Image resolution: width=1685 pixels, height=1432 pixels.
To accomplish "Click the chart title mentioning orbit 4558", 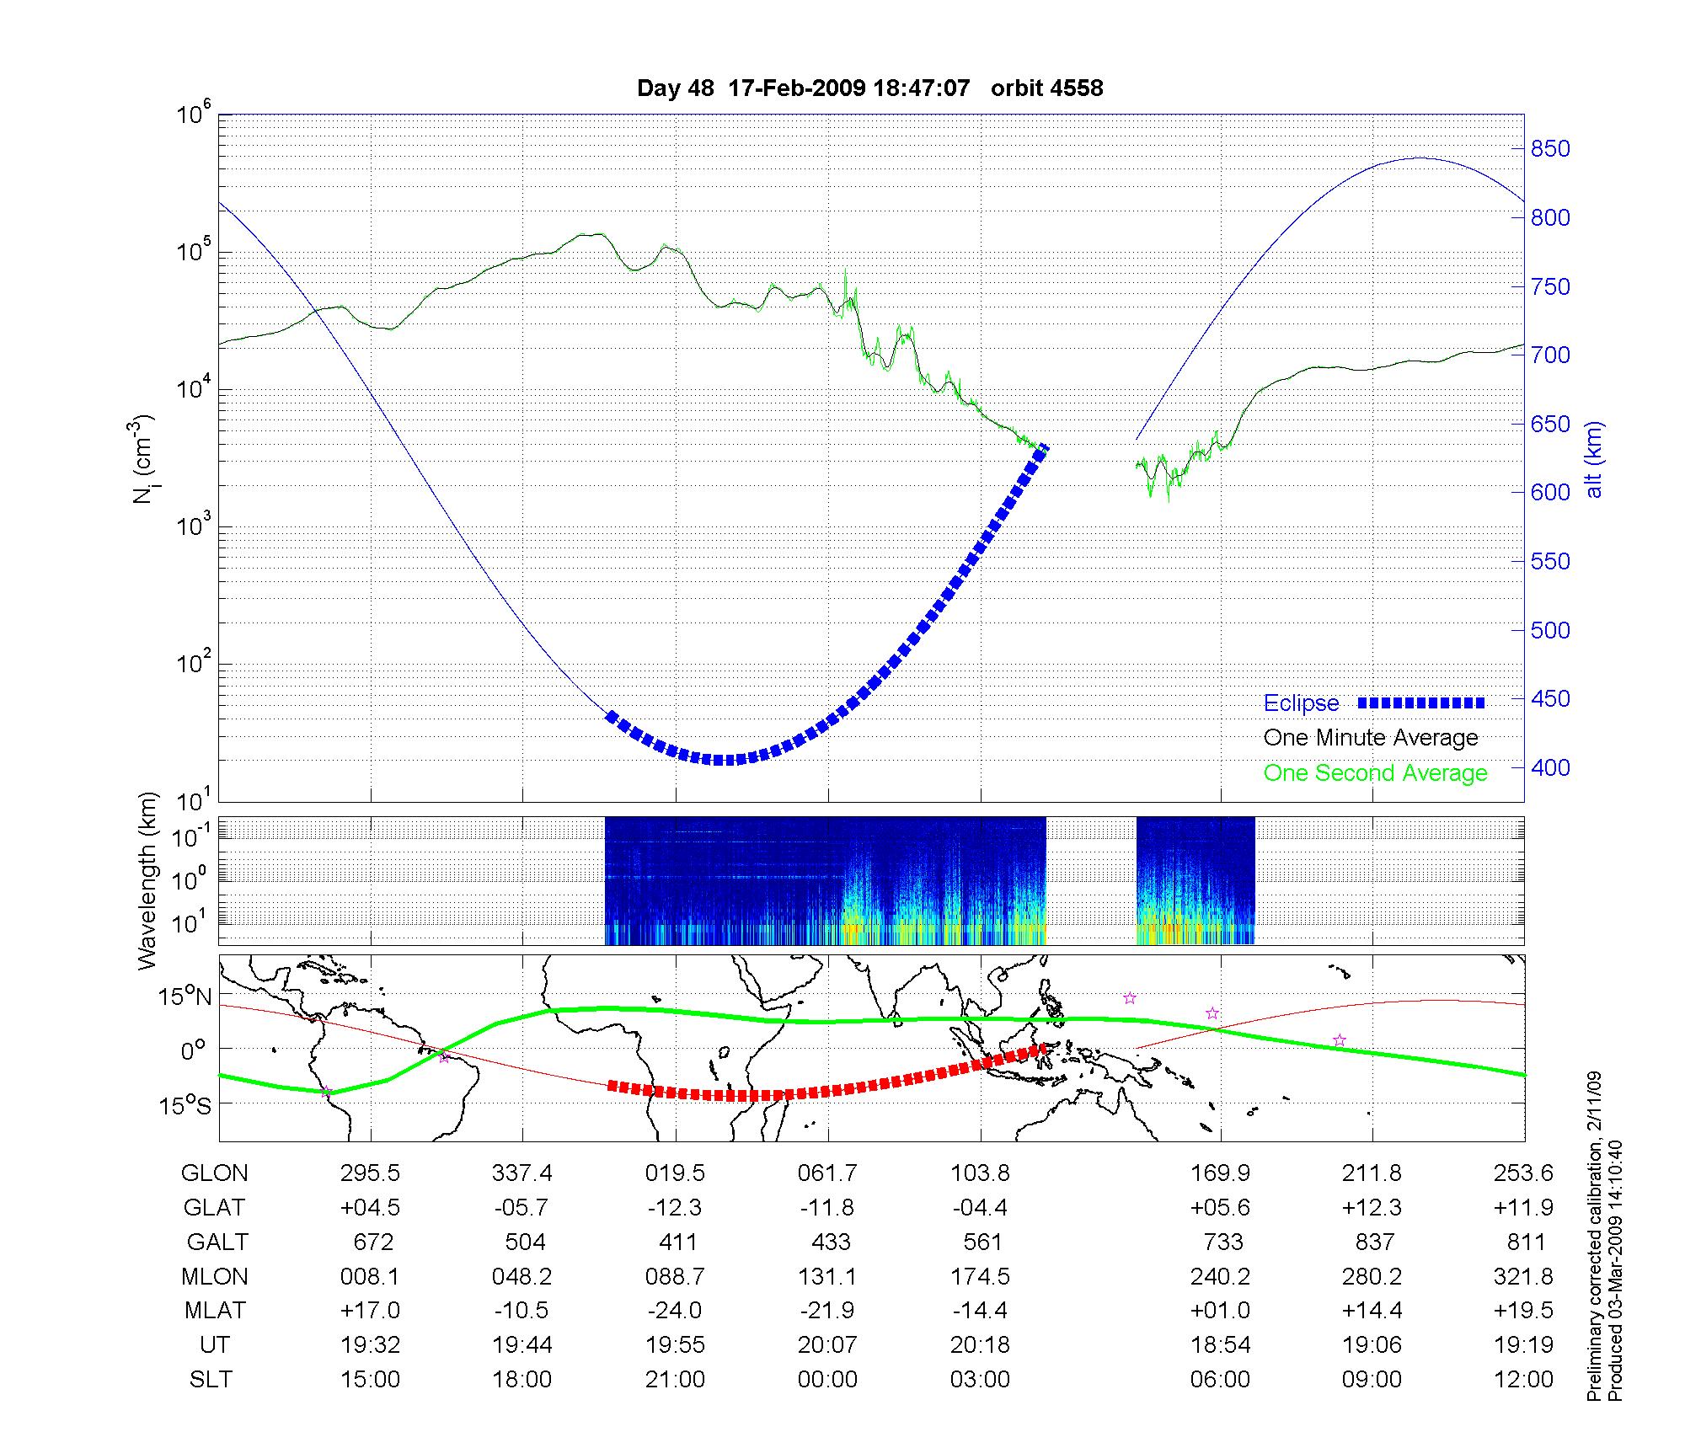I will [869, 88].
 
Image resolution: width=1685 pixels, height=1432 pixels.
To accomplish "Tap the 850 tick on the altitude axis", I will [1550, 149].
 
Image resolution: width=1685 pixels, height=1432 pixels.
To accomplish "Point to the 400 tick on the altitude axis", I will [1550, 767].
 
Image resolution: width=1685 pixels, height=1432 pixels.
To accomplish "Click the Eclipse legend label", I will [1301, 703].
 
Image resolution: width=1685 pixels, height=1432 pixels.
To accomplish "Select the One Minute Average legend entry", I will [1371, 738].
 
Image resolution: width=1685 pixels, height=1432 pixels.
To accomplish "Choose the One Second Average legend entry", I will [1375, 773].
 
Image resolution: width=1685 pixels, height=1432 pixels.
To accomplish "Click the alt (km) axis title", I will [1594, 459].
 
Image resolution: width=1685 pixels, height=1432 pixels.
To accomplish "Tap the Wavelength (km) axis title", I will [148, 880].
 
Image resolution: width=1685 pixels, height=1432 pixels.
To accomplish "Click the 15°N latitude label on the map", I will [186, 997].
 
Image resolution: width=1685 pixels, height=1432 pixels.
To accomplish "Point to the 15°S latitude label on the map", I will [186, 1105].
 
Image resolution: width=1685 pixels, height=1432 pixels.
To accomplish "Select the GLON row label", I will [215, 1173].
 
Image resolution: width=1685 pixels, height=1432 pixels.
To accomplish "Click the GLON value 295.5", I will [370, 1173].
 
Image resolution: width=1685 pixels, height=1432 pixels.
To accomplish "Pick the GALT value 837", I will [1372, 1242].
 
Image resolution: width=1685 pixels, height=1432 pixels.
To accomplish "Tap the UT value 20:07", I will [827, 1345].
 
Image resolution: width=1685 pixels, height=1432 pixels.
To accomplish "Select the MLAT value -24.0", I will [675, 1311].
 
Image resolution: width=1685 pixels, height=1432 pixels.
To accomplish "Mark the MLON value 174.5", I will [980, 1277].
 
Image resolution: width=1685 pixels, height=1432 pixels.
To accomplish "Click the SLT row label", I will [211, 1380].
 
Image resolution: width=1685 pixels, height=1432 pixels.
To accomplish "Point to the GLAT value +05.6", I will [1220, 1208].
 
